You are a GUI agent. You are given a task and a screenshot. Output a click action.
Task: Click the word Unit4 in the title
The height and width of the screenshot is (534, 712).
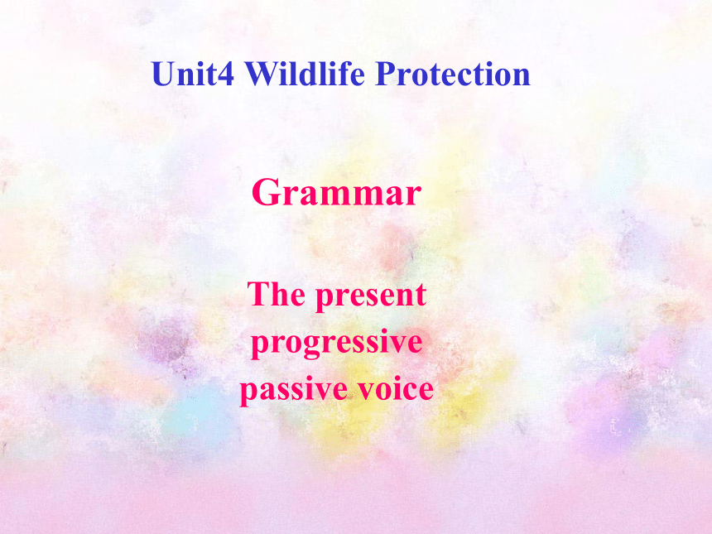pyautogui.click(x=193, y=74)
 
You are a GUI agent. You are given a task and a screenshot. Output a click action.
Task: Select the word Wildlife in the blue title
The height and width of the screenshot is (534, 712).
pyautogui.click(x=305, y=73)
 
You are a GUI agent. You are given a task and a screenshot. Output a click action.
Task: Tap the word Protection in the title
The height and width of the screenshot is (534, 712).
pyautogui.click(x=453, y=74)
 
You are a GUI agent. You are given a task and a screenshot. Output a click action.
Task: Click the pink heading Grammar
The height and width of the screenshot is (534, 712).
pyautogui.click(x=336, y=192)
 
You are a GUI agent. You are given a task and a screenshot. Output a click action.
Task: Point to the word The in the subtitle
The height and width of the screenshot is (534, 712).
pyautogui.click(x=276, y=294)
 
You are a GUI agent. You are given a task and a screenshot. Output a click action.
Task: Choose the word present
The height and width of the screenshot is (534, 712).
pyautogui.click(x=371, y=296)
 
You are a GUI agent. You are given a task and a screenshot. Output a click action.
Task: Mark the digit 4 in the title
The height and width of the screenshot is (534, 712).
pyautogui.click(x=227, y=74)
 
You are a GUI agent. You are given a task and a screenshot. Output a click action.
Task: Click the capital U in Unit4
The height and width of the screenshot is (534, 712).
pyautogui.click(x=163, y=74)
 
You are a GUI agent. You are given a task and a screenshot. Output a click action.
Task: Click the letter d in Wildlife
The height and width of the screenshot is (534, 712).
pyautogui.click(x=307, y=74)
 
